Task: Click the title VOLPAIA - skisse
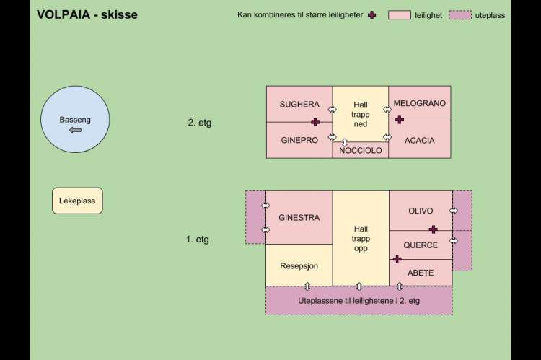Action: click(87, 14)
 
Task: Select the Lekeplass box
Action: click(78, 201)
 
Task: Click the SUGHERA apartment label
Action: click(299, 105)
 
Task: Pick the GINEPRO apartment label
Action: click(299, 140)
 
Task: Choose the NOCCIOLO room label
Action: click(361, 151)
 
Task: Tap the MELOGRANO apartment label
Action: click(419, 104)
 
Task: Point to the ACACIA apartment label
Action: click(420, 140)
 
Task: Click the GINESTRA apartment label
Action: click(299, 217)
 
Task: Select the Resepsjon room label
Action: click(299, 265)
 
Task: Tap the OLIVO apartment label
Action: click(421, 211)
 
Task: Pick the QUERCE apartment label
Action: click(421, 245)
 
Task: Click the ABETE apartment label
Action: click(421, 273)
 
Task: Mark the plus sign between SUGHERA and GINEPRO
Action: click(315, 123)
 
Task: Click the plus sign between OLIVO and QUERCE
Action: click(433, 229)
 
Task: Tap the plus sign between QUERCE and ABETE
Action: click(397, 259)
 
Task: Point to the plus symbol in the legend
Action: click(372, 15)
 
